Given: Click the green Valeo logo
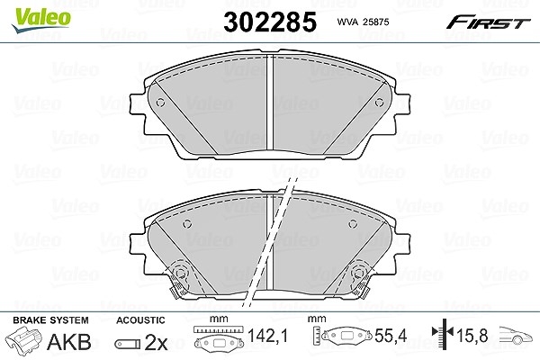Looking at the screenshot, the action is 41,20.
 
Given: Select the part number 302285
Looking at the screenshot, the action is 270,22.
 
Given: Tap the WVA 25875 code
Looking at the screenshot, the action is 363,22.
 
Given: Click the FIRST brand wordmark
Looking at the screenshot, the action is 488,22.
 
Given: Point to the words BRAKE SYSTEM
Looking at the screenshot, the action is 50,320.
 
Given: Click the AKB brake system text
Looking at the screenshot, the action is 69,342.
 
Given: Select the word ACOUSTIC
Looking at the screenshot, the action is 140,320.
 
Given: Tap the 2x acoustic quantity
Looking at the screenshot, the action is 156,342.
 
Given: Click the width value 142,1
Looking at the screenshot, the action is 267,336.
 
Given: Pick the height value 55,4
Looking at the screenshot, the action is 391,336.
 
